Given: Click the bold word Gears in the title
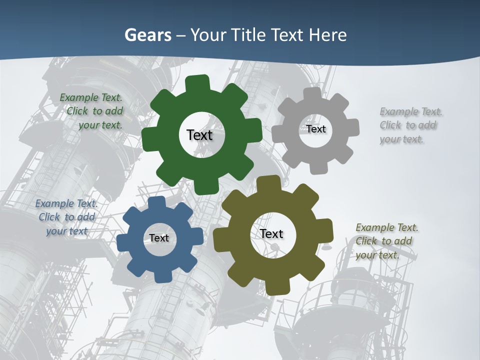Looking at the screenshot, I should [x=147, y=35].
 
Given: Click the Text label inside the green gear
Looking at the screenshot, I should [x=199, y=135].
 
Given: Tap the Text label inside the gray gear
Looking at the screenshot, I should [x=316, y=129].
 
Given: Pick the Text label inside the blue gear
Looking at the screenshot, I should [x=159, y=238].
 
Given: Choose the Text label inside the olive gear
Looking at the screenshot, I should [x=271, y=233].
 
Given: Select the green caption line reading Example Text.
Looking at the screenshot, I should [x=91, y=97].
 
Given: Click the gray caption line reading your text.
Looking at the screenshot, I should [x=401, y=139].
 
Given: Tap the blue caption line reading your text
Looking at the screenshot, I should [x=67, y=231].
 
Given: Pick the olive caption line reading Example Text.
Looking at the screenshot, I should [x=387, y=228].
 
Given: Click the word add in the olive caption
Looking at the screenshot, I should [x=403, y=241].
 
